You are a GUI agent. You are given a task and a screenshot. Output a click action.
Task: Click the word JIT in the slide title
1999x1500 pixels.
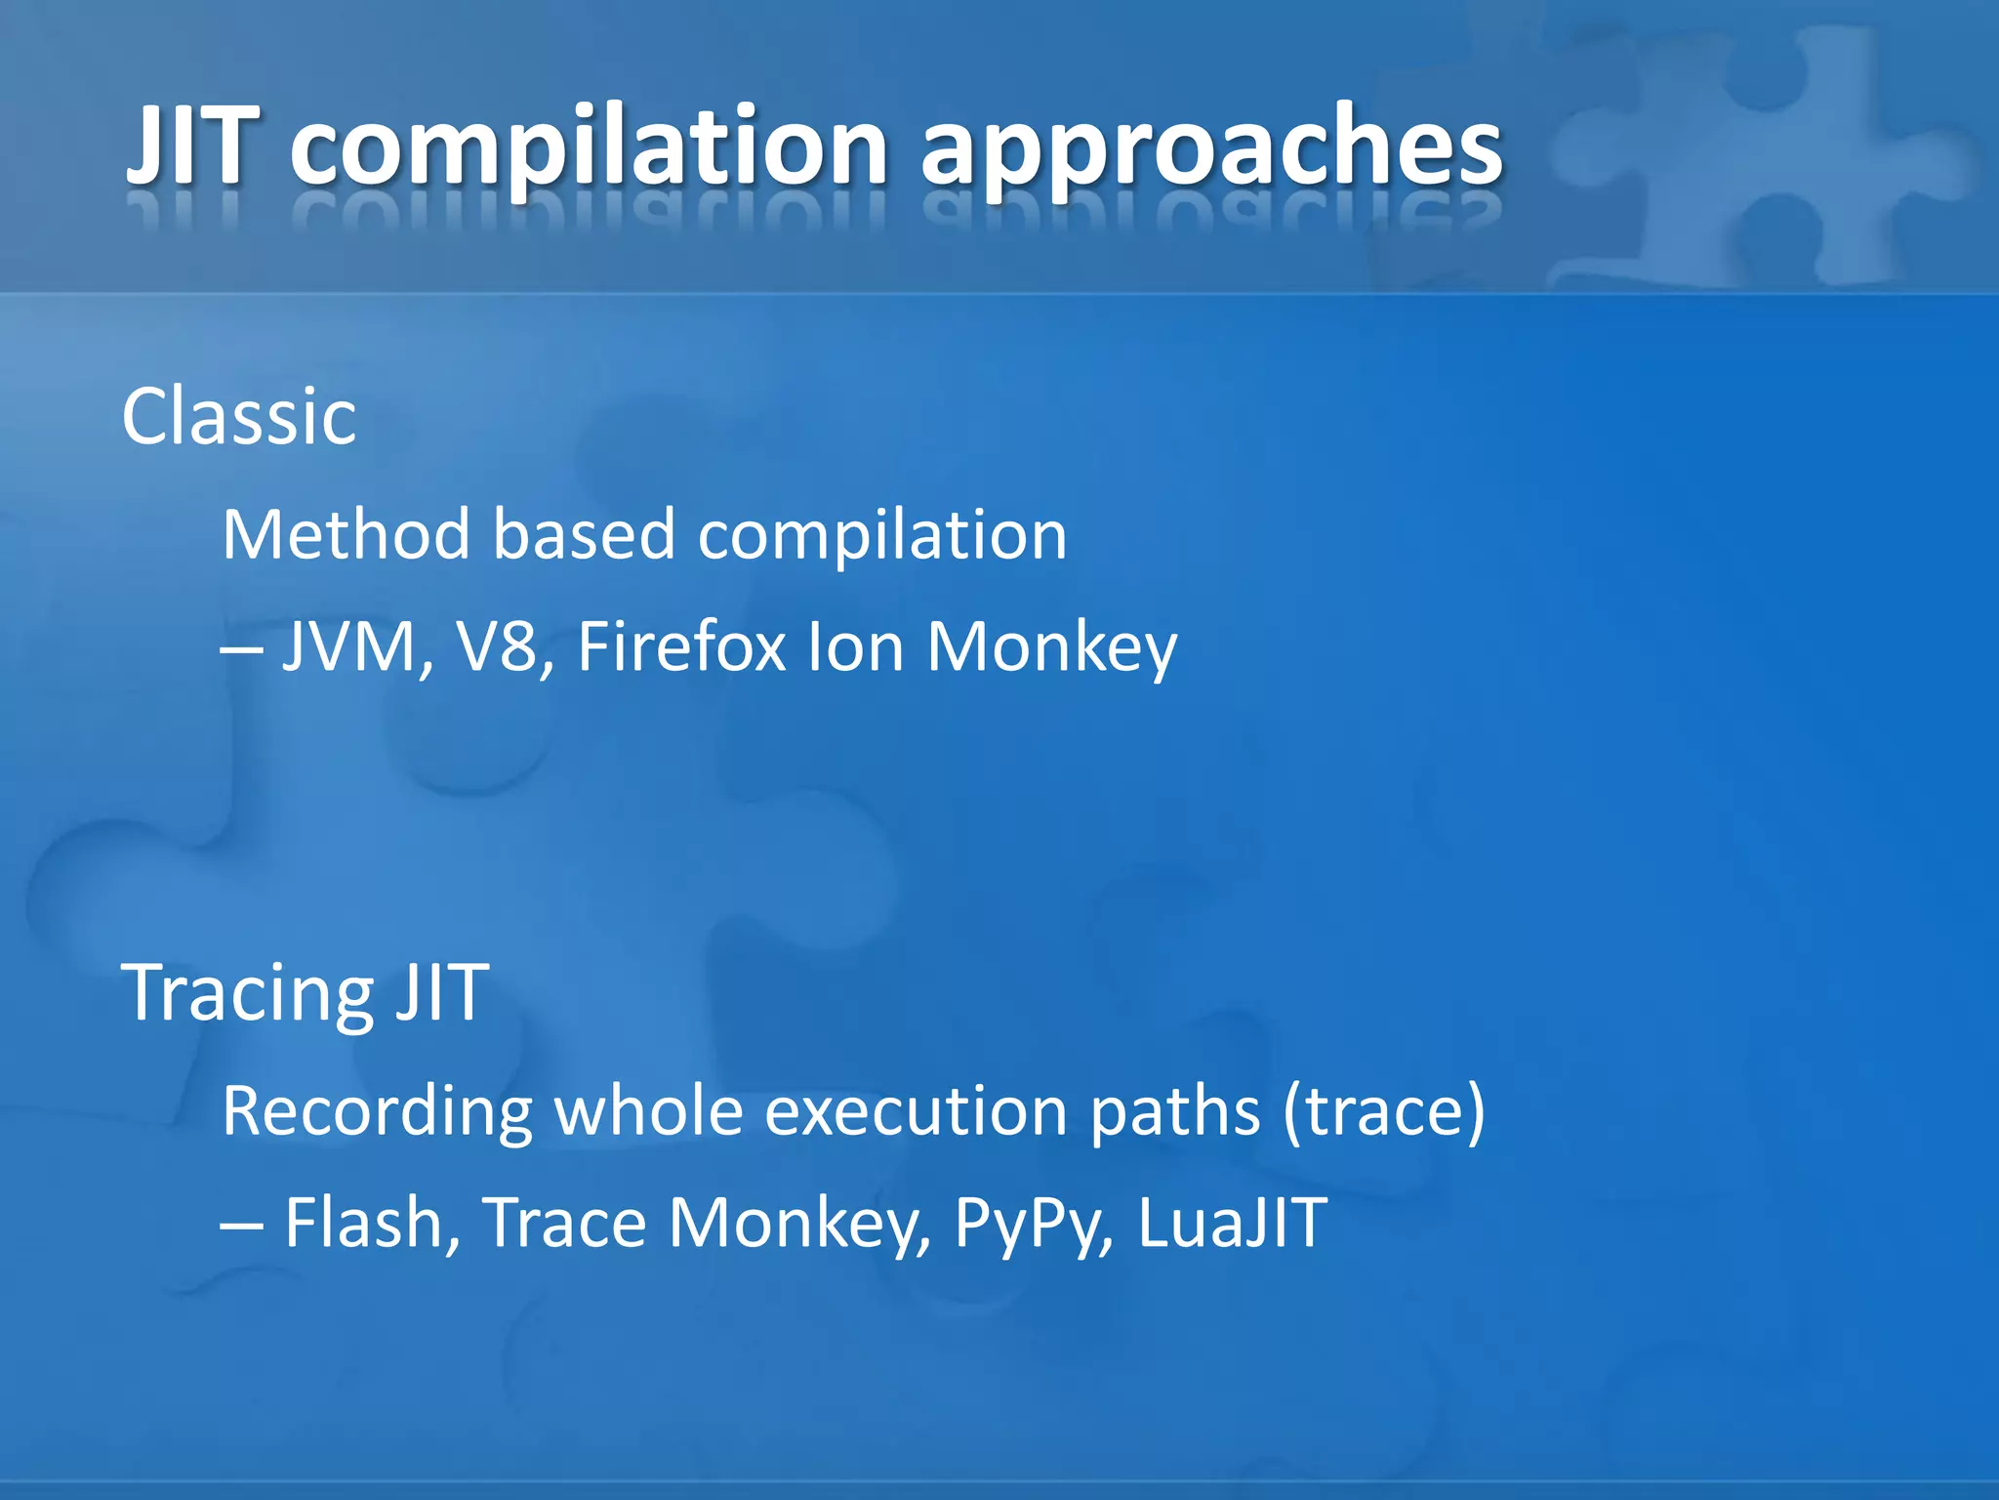tap(193, 146)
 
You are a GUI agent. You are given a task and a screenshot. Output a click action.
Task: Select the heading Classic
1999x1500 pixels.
tap(239, 417)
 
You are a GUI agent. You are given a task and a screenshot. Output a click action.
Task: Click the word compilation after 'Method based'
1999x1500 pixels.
tap(882, 537)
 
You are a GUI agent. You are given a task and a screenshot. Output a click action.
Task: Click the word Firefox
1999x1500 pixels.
tap(681, 647)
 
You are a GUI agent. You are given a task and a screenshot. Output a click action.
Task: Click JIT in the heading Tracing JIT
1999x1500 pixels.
tap(441, 992)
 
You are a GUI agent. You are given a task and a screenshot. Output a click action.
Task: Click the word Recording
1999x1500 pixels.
tap(377, 1112)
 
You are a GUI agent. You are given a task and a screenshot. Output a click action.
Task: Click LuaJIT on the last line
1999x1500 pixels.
tap(1232, 1223)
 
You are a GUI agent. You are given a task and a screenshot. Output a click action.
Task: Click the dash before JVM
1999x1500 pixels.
tap(240, 649)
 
